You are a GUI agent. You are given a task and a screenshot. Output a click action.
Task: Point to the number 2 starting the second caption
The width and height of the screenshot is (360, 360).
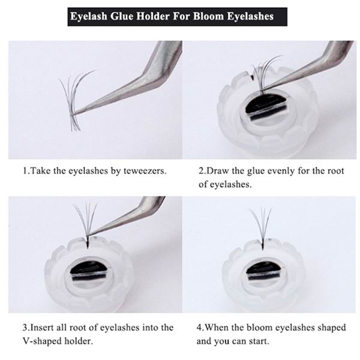(201, 171)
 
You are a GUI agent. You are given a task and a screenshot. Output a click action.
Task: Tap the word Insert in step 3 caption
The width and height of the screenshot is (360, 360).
(42, 327)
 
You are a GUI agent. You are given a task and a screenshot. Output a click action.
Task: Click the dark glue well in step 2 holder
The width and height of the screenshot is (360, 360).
(266, 109)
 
